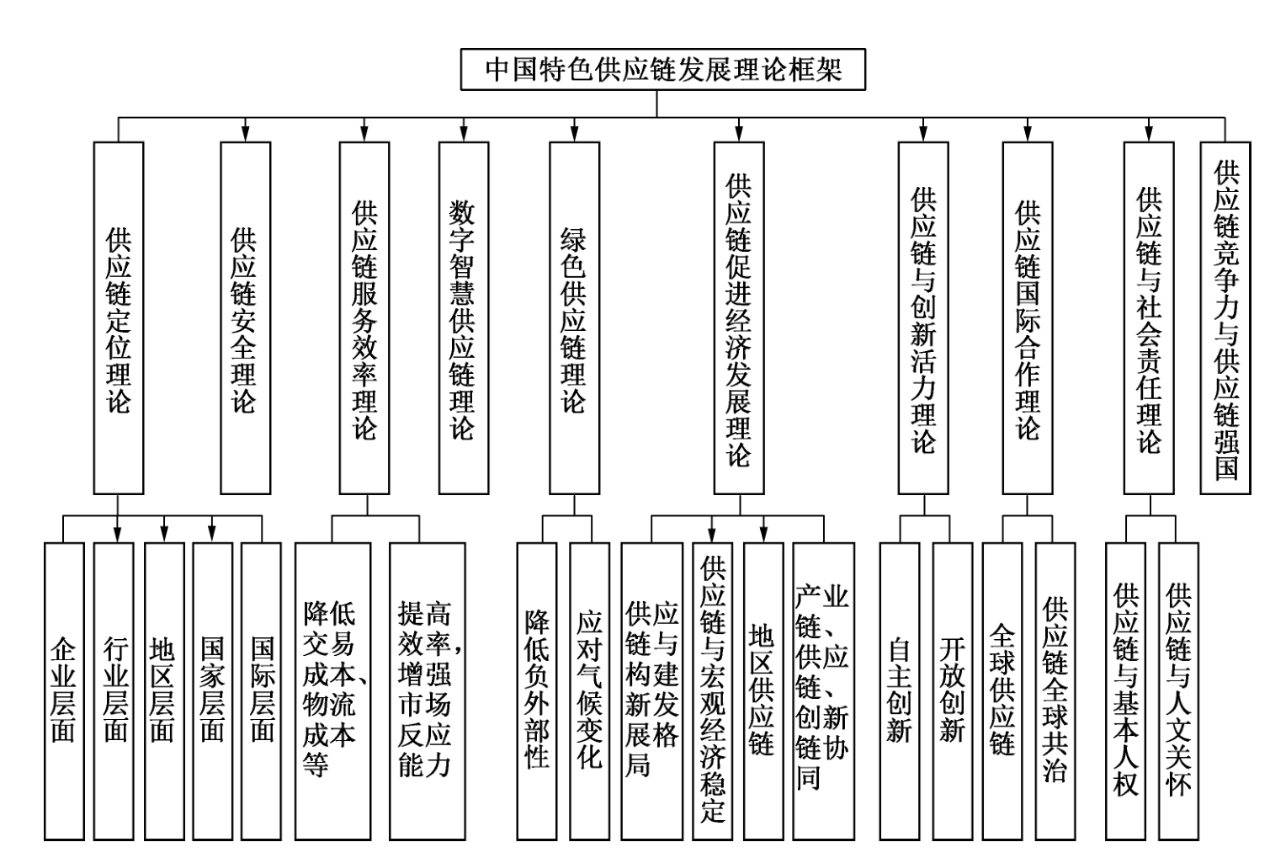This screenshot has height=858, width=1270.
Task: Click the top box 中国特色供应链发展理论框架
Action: click(x=663, y=69)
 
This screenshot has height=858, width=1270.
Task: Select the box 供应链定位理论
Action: click(x=119, y=318)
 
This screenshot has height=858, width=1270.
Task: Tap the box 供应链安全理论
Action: click(x=246, y=318)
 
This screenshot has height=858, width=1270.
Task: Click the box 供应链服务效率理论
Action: click(x=364, y=318)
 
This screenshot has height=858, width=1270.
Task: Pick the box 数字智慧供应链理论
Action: click(x=464, y=318)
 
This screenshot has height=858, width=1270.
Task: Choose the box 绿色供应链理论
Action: click(x=574, y=318)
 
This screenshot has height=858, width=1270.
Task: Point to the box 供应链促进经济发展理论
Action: click(x=739, y=318)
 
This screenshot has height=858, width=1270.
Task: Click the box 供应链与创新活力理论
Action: click(x=923, y=318)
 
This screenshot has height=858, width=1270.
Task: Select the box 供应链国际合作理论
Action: click(x=1028, y=318)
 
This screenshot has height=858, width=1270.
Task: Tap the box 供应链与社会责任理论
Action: click(x=1149, y=318)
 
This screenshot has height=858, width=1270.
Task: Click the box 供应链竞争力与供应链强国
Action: click(x=1225, y=318)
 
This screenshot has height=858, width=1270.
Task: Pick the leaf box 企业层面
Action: click(x=64, y=691)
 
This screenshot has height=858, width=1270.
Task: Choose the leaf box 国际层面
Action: click(x=262, y=691)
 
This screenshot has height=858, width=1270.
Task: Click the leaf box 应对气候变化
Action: click(x=590, y=691)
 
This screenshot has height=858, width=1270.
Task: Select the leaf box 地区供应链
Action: click(x=763, y=691)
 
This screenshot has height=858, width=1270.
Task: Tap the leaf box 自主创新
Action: click(x=900, y=691)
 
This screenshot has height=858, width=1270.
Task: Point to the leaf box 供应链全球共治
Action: click(x=1055, y=691)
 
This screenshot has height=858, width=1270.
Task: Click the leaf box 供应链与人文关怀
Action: click(x=1179, y=691)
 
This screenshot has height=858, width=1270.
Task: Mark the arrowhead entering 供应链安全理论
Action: click(x=246, y=134)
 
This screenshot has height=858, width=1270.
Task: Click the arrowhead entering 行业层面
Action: click(x=117, y=535)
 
